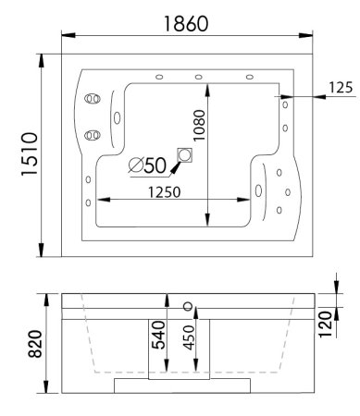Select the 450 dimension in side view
click(190, 339)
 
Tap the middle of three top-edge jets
click(199, 77)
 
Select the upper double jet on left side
click(92, 98)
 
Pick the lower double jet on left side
click(91, 135)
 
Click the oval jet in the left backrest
click(118, 116)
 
